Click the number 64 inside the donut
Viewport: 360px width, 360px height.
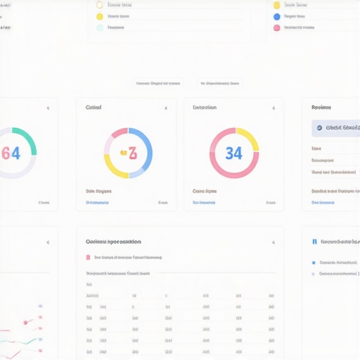pos(11,153)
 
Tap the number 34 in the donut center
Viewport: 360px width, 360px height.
pos(233,153)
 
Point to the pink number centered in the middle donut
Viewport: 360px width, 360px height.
pos(128,153)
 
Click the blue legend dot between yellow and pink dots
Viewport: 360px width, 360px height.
pos(277,16)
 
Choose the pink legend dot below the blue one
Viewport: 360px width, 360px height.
pos(277,28)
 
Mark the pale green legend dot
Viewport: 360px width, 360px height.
pos(100,28)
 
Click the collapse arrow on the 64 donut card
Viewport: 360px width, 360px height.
pos(48,108)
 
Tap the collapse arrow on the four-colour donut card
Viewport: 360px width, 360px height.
pos(166,108)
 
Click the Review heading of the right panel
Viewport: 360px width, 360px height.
pos(321,108)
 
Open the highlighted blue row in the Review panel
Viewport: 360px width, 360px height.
pos(336,128)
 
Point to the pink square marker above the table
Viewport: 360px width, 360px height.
pos(88,257)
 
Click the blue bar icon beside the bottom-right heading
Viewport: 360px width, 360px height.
pos(314,242)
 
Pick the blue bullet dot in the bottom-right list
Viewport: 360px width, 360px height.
pos(314,263)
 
